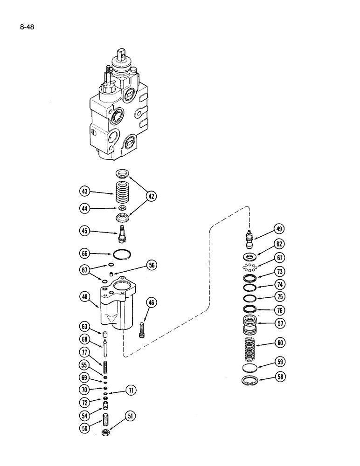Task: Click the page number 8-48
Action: coord(27,27)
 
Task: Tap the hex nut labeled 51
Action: coord(106,433)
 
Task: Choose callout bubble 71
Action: coord(132,391)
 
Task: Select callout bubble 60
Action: coord(280,343)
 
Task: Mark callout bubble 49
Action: coord(279,229)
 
